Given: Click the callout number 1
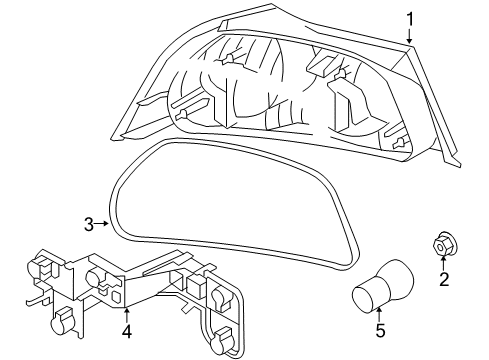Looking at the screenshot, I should pyautogui.click(x=409, y=18).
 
